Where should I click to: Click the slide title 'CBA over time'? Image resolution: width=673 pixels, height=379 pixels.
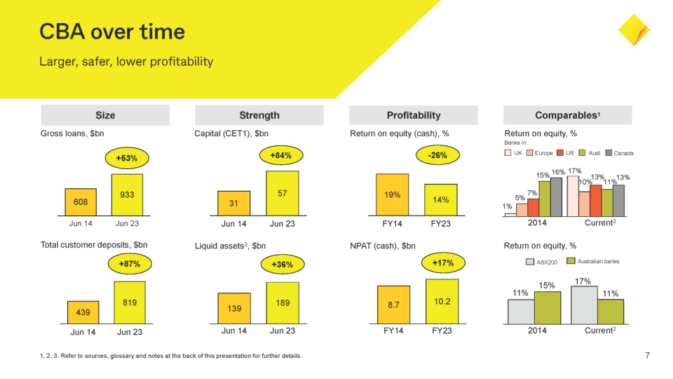[112, 32]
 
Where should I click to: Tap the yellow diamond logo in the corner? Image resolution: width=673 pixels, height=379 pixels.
[634, 30]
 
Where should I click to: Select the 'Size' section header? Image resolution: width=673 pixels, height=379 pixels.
[105, 115]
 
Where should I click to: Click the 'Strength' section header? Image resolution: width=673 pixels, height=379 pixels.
[259, 115]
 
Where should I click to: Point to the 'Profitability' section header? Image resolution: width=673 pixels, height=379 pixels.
[413, 115]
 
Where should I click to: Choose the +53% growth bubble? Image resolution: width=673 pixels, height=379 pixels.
[127, 158]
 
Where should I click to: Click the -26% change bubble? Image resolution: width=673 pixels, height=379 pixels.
[437, 155]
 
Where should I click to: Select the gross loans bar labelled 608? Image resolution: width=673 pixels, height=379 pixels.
[81, 201]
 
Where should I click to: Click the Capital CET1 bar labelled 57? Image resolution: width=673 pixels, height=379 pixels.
[282, 193]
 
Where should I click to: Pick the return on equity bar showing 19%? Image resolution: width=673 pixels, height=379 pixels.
[392, 194]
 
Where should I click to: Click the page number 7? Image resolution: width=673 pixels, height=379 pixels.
[647, 356]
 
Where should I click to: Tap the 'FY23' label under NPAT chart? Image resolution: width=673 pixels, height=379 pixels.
[442, 331]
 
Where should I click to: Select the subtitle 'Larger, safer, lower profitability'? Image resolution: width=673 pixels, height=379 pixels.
[126, 62]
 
